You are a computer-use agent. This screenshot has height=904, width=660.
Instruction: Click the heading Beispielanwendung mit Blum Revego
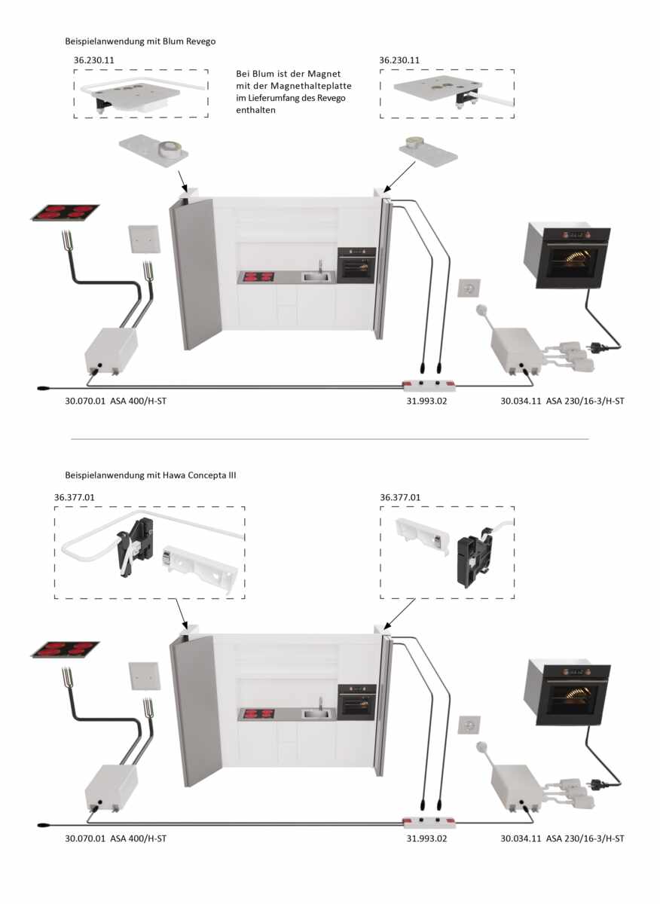(140, 41)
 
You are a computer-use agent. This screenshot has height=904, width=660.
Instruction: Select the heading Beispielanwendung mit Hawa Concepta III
(151, 475)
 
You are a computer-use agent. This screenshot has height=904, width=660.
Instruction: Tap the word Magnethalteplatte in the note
(311, 86)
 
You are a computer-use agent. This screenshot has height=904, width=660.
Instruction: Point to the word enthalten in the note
(255, 110)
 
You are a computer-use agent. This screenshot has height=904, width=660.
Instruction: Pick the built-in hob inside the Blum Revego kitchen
(257, 277)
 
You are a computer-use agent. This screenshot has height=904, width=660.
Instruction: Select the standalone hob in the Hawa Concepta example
(65, 649)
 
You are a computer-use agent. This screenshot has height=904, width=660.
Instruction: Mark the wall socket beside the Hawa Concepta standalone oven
(469, 725)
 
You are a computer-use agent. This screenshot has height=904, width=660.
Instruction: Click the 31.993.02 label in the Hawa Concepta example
(426, 838)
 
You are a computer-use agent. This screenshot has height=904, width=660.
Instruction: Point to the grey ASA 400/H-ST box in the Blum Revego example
(111, 350)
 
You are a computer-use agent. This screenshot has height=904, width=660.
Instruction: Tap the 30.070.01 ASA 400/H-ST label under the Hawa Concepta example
(116, 838)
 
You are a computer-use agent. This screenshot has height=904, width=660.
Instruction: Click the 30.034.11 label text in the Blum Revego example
(521, 401)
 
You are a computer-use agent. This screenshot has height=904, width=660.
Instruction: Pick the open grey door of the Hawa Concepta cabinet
(196, 711)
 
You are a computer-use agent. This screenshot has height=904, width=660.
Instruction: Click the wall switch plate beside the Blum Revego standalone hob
(144, 240)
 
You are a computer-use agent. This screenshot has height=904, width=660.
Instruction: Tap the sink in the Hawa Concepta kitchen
(318, 713)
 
